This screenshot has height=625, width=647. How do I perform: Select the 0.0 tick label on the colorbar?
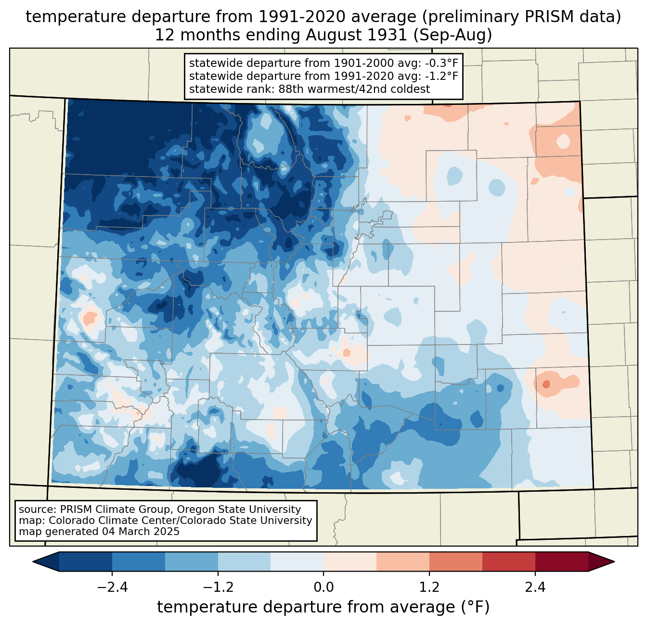pyautogui.click(x=323, y=587)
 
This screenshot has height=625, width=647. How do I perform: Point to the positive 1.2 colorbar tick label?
pyautogui.click(x=429, y=587)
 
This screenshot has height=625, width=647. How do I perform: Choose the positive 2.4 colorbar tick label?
pyautogui.click(x=535, y=587)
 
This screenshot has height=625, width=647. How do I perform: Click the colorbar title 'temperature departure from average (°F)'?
pyautogui.click(x=323, y=607)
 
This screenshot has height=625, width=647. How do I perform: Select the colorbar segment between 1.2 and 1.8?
pyautogui.click(x=455, y=561)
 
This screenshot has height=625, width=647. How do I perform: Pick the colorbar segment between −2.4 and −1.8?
pyautogui.click(x=139, y=561)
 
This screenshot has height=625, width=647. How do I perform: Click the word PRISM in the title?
pyautogui.click(x=543, y=17)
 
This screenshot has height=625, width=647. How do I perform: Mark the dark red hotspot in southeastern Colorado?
pyautogui.click(x=545, y=384)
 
